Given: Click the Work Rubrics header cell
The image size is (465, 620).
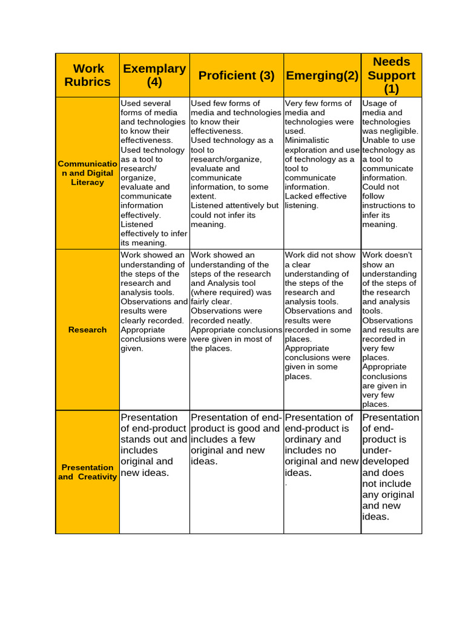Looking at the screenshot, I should coord(88,75).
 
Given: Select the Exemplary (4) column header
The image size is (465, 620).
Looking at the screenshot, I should coord(154,75).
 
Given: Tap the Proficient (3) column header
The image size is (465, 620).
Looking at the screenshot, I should coord(236,75).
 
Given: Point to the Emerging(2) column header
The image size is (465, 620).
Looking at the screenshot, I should coord(322,75).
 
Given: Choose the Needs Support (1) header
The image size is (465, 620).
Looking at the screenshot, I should coord(391,75).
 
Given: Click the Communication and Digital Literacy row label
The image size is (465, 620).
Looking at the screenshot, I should coord(88,173).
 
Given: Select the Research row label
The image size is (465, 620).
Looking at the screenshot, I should coord(88,330).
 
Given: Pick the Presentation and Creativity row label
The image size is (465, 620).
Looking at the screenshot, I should coord(88,472).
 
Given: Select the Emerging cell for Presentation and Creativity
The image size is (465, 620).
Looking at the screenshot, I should coord(322,445).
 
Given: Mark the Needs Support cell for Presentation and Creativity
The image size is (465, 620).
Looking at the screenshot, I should coord(391,467).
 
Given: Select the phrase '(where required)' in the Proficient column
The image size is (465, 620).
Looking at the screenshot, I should coord(220,292).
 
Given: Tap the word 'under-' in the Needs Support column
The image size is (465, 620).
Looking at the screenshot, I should coord(377,450).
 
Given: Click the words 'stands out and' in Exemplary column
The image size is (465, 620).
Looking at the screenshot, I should coord(154,440).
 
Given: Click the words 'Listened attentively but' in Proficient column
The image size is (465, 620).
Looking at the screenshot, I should coord(235,206).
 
